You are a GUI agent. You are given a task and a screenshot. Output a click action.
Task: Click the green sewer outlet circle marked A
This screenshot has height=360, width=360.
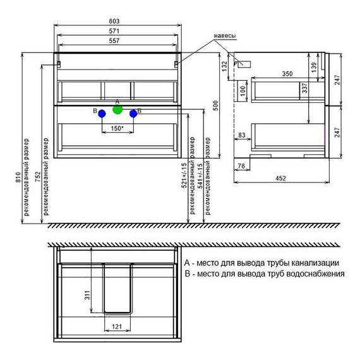pyautogui.click(x=117, y=110)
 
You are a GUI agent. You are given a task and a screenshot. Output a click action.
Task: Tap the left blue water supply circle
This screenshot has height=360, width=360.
pyautogui.click(x=102, y=114)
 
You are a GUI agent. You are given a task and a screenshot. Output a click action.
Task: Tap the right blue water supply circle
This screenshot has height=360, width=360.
pyautogui.click(x=133, y=114)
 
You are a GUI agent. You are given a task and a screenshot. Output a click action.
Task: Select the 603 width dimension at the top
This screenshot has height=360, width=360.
pyautogui.click(x=114, y=21)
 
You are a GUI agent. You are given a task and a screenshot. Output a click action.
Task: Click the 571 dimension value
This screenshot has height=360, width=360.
pyautogui.click(x=114, y=31)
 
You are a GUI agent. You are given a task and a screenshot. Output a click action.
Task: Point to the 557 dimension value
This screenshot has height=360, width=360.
pyautogui.click(x=114, y=40)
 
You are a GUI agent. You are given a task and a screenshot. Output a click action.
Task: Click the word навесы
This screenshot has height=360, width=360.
pyautogui.click(x=225, y=36)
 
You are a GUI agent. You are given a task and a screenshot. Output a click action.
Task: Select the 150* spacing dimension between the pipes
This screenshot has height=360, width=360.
pyautogui.click(x=117, y=128)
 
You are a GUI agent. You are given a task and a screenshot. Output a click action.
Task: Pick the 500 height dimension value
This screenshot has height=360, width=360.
pyautogui.click(x=216, y=105)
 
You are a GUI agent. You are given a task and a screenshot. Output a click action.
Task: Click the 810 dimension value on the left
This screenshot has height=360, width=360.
pyautogui.click(x=18, y=177)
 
